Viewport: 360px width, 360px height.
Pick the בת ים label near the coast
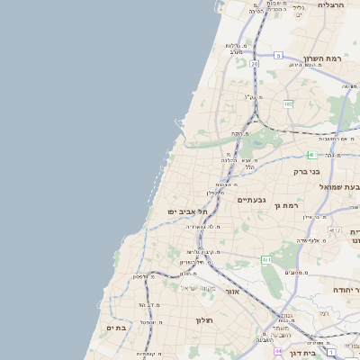116,328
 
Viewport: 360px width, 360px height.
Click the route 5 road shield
278,56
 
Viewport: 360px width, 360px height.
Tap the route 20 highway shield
255,65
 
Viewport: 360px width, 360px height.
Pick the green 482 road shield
288,104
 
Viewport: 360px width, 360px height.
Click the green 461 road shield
266,260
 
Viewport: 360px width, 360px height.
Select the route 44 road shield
279,351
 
